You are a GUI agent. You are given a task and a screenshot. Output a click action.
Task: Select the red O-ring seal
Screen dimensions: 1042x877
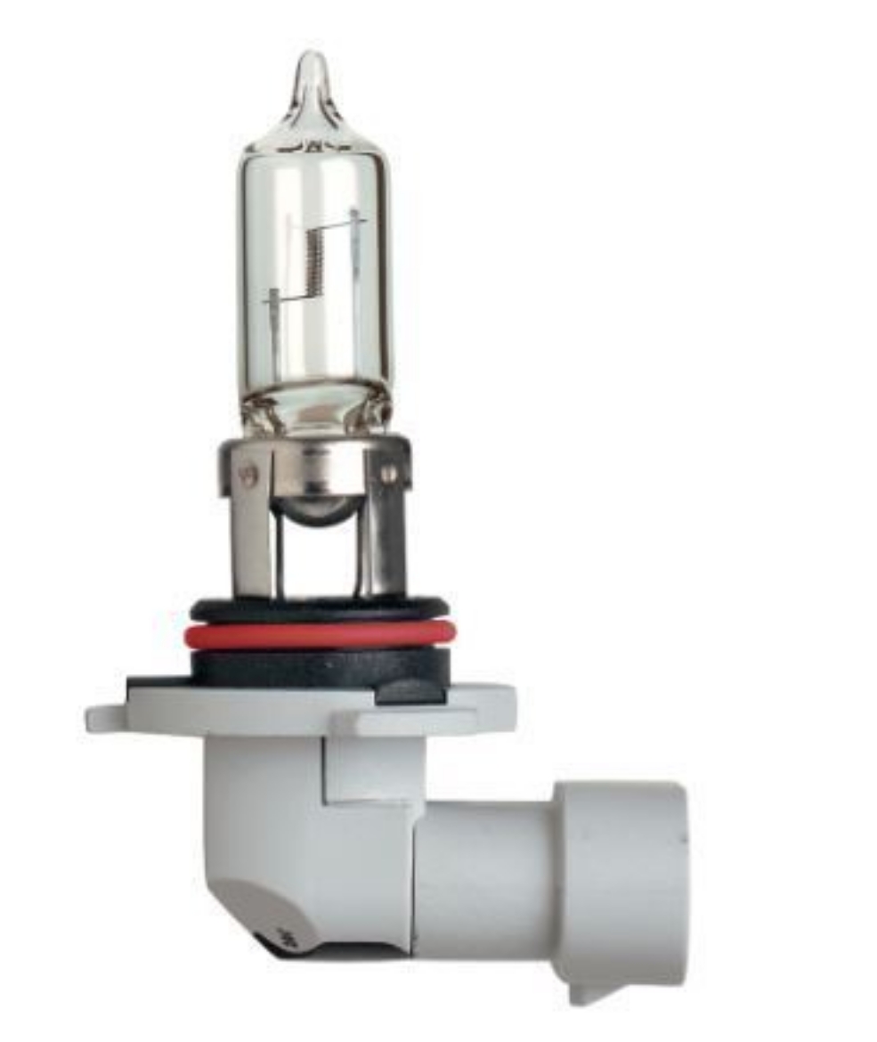[x=321, y=635]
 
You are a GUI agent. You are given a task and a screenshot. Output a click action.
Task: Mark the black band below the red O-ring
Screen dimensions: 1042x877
[x=321, y=663]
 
